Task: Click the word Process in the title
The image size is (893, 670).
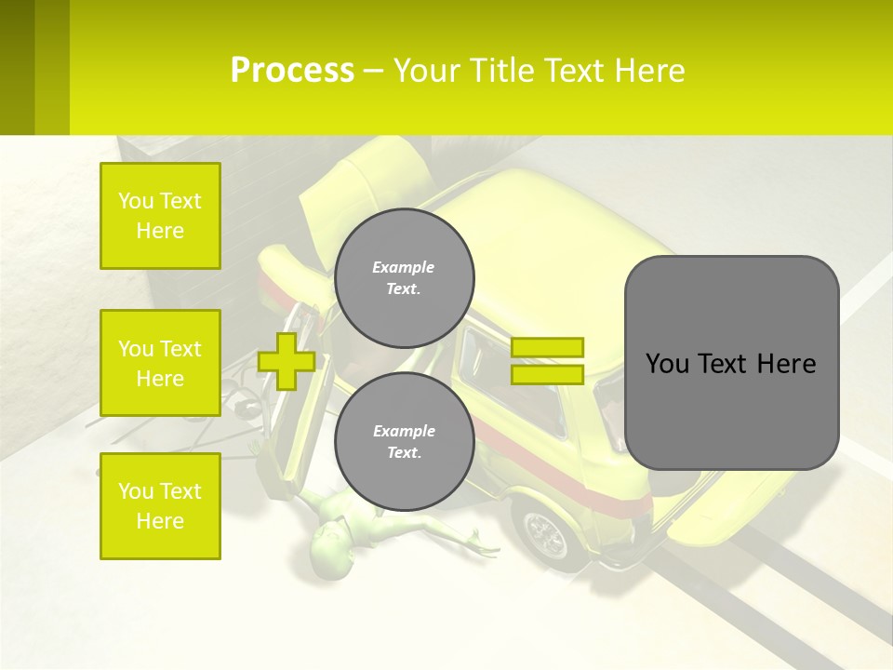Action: coord(292,71)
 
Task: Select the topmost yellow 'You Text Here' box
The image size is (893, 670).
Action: coord(160,216)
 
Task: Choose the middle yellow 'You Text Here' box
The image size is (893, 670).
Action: coord(160,363)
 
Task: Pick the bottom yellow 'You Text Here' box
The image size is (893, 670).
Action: coord(160,506)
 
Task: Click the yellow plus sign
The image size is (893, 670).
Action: coord(287,361)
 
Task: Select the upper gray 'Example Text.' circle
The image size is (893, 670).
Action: coord(404,278)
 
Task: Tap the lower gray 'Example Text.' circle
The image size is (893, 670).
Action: coord(404,442)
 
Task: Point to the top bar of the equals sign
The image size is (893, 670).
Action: coord(547,347)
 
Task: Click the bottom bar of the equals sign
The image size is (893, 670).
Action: coord(547,375)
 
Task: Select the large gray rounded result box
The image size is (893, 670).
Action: coord(731,363)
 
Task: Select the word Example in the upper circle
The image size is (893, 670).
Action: coord(404,267)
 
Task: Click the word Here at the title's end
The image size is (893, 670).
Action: coord(650,71)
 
